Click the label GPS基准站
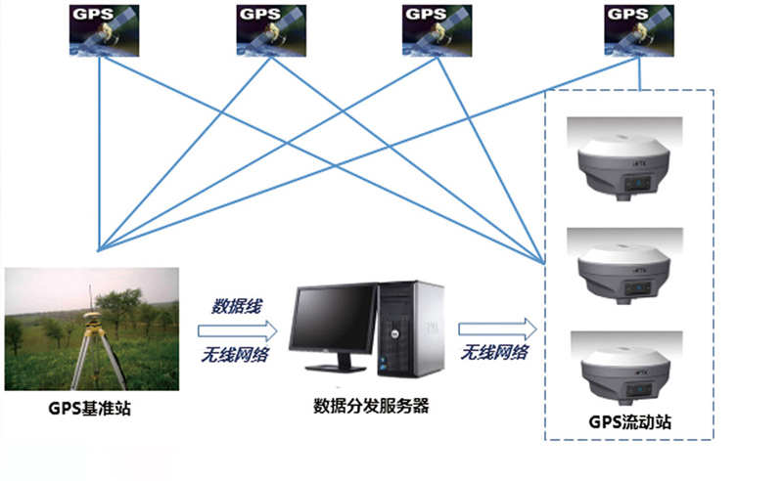click(x=89, y=408)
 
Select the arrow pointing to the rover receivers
click(x=498, y=328)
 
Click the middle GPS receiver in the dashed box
click(x=627, y=266)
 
